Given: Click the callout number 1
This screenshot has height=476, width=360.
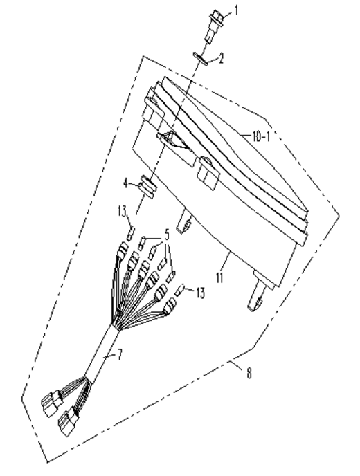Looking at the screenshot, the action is tap(236, 12).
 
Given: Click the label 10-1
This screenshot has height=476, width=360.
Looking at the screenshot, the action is tap(261, 137).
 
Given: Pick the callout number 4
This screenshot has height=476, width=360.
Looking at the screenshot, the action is tap(126, 183).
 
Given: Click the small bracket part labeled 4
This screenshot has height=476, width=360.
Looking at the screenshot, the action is tap(148, 187).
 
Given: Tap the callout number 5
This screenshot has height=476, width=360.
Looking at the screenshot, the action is tap(167, 235).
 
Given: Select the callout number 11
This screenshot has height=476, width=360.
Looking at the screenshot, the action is tap(219, 277).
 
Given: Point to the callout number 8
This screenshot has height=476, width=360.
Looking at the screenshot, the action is tap(249, 373).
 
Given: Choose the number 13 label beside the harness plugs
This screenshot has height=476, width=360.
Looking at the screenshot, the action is tap(201, 293).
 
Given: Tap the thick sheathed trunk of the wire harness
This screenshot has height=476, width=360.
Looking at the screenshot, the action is tap(101, 354).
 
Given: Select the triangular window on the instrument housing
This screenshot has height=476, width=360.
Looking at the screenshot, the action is tap(172, 141).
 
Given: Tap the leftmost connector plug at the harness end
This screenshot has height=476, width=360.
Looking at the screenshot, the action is tap(52, 403).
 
